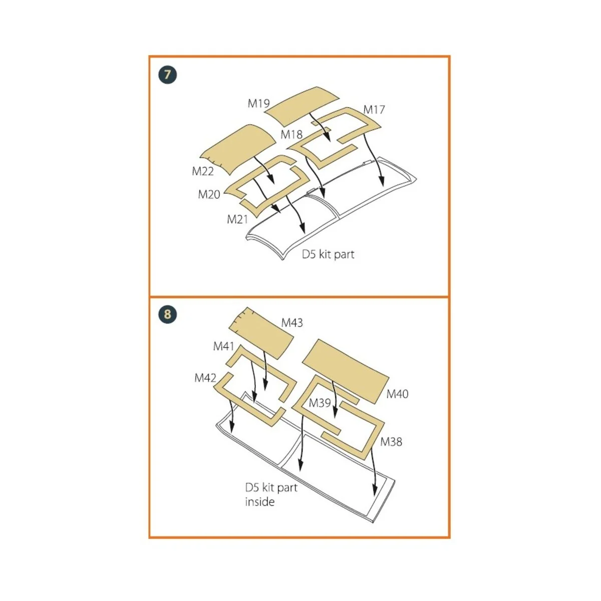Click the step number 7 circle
(167, 75)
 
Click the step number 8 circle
(167, 314)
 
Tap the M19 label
(258, 103)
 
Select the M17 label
(374, 110)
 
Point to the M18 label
(291, 134)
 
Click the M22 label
(203, 171)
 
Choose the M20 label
(209, 195)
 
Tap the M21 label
(238, 219)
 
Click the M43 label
(292, 323)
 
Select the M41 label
(223, 346)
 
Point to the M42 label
(205, 378)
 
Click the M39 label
(320, 403)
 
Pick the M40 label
(397, 394)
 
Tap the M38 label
(391, 442)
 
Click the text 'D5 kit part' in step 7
(328, 254)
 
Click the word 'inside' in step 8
(260, 502)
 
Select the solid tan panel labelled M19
(302, 106)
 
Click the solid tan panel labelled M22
(238, 150)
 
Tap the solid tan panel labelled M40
(346, 371)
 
